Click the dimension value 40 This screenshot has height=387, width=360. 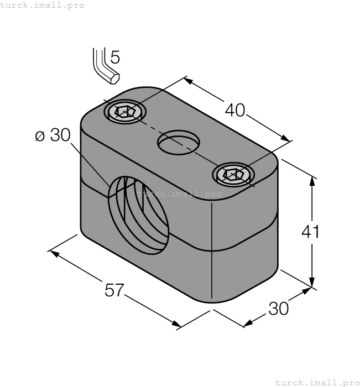coord(235,110)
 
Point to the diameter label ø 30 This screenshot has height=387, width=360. coord(53,135)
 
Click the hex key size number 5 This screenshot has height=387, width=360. coord(114,57)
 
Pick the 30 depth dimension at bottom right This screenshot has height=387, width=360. coord(279,309)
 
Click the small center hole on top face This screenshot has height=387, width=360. coord(179,143)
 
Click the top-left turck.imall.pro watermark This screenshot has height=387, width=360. coord(43,5)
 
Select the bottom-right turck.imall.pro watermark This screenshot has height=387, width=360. coord(317,382)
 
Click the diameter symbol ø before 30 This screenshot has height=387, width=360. coord(39,136)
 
